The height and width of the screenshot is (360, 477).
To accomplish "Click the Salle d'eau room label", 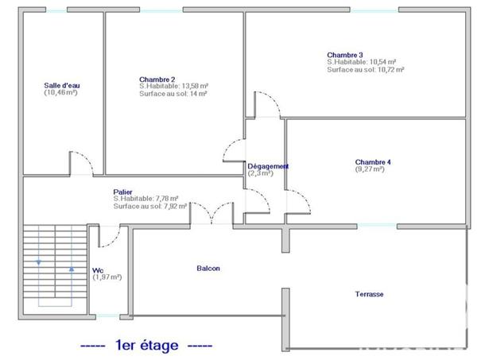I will pyautogui.click(x=60, y=85).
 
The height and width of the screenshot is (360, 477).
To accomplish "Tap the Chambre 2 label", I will pyautogui.click(x=157, y=79).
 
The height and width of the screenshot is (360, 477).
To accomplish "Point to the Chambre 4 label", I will pyautogui.click(x=372, y=162).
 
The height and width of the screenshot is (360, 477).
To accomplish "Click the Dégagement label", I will pyautogui.click(x=268, y=166).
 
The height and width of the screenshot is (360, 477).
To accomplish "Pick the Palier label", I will pyautogui.click(x=122, y=192).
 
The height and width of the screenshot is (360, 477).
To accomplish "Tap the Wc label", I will pyautogui.click(x=98, y=269).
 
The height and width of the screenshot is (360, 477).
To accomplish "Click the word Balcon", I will pyautogui.click(x=208, y=269).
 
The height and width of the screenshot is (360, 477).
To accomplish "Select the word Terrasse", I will pyautogui.click(x=369, y=294).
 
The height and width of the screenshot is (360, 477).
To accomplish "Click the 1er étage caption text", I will pyautogui.click(x=146, y=346).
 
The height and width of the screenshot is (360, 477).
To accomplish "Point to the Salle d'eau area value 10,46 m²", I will pyautogui.click(x=60, y=93).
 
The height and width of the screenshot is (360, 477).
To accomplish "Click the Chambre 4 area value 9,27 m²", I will pyautogui.click(x=371, y=169).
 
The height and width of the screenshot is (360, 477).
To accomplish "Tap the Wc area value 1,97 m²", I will pyautogui.click(x=107, y=277).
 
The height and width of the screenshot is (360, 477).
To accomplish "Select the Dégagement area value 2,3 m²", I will pyautogui.click(x=260, y=173).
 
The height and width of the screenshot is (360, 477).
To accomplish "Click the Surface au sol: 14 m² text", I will pyautogui.click(x=173, y=94).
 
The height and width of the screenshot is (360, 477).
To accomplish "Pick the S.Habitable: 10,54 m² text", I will pyautogui.click(x=362, y=62).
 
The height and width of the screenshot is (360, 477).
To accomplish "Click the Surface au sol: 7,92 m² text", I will pyautogui.click(x=150, y=206).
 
